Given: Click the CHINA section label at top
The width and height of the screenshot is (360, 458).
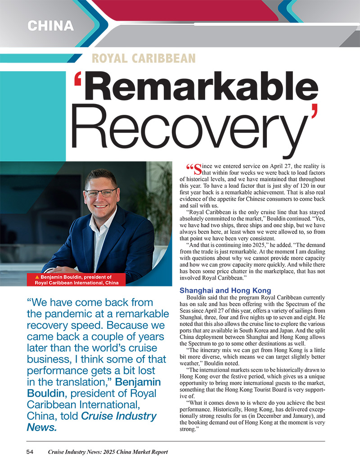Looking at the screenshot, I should (50, 26).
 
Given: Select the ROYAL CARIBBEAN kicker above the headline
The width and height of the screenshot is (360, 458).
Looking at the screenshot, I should (144, 58).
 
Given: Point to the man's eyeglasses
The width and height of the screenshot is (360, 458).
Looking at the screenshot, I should (100, 194).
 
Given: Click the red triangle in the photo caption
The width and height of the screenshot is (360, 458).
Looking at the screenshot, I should (37, 277).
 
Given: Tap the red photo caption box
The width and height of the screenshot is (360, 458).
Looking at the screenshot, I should (77, 280).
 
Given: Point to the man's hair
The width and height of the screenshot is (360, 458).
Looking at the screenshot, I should (101, 176).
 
